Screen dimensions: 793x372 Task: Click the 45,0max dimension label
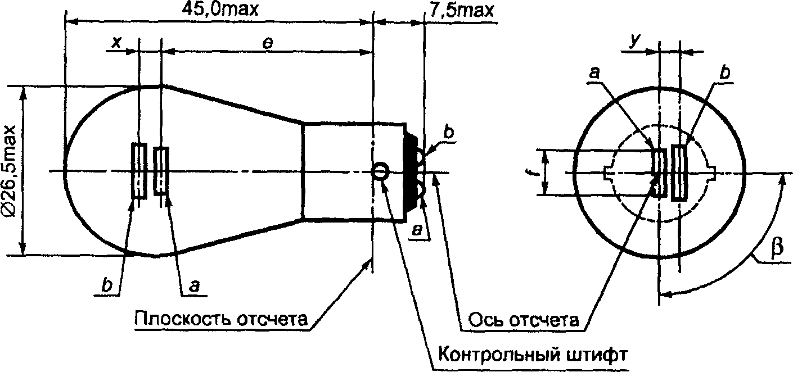pyautogui.click(x=220, y=10)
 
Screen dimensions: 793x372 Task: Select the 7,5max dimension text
pyautogui.click(x=462, y=10)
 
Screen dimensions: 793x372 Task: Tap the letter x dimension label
pyautogui.click(x=116, y=43)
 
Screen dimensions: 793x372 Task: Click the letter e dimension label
pyautogui.click(x=268, y=43)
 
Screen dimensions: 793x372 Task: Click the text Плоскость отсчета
pyautogui.click(x=221, y=319)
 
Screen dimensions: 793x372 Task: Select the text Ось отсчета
pyautogui.click(x=524, y=320)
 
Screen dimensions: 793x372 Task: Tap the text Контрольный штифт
pyautogui.click(x=533, y=355)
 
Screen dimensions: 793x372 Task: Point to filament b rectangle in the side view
pyautogui.click(x=139, y=170)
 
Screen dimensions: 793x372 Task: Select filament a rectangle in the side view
pyautogui.click(x=161, y=171)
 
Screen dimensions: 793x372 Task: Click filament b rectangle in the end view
pyautogui.click(x=679, y=173)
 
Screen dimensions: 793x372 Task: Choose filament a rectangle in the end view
pyautogui.click(x=660, y=173)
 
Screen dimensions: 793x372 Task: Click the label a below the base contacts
pyautogui.click(x=418, y=230)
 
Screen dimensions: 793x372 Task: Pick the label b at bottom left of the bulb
pyautogui.click(x=106, y=285)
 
